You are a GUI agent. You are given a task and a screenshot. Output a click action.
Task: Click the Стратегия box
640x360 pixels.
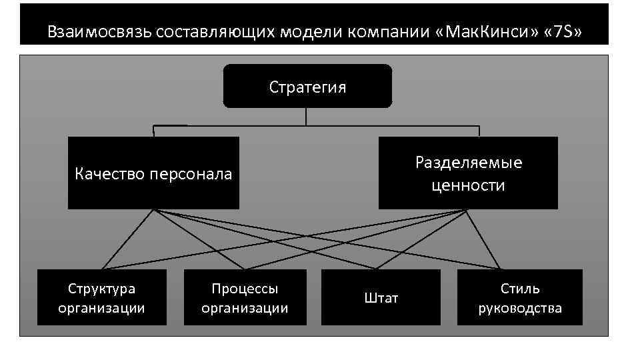[x=307, y=86]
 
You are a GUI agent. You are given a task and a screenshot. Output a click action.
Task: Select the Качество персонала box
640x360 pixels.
[x=153, y=173]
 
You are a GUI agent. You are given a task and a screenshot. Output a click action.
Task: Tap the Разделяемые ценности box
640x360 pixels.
[x=468, y=173]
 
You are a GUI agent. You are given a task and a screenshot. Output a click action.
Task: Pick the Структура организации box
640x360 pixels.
[x=101, y=297]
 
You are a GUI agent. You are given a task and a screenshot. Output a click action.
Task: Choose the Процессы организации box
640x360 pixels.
[x=245, y=297]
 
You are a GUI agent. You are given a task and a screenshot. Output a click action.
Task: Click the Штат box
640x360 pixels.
[x=381, y=297]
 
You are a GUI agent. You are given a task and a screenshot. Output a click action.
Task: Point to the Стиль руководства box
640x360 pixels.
[x=520, y=297]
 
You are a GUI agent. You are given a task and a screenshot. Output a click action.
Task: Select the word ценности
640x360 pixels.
[x=468, y=185]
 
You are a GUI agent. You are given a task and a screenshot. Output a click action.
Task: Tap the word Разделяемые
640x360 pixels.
[x=468, y=163]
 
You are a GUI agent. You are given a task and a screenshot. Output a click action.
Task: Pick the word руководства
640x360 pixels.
[x=520, y=308]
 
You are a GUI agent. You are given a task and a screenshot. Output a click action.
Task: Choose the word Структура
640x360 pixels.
[x=101, y=289]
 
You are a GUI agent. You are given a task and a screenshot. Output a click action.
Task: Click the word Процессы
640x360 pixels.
[x=245, y=289]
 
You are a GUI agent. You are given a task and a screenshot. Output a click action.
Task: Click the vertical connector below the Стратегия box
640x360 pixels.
[x=306, y=117]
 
